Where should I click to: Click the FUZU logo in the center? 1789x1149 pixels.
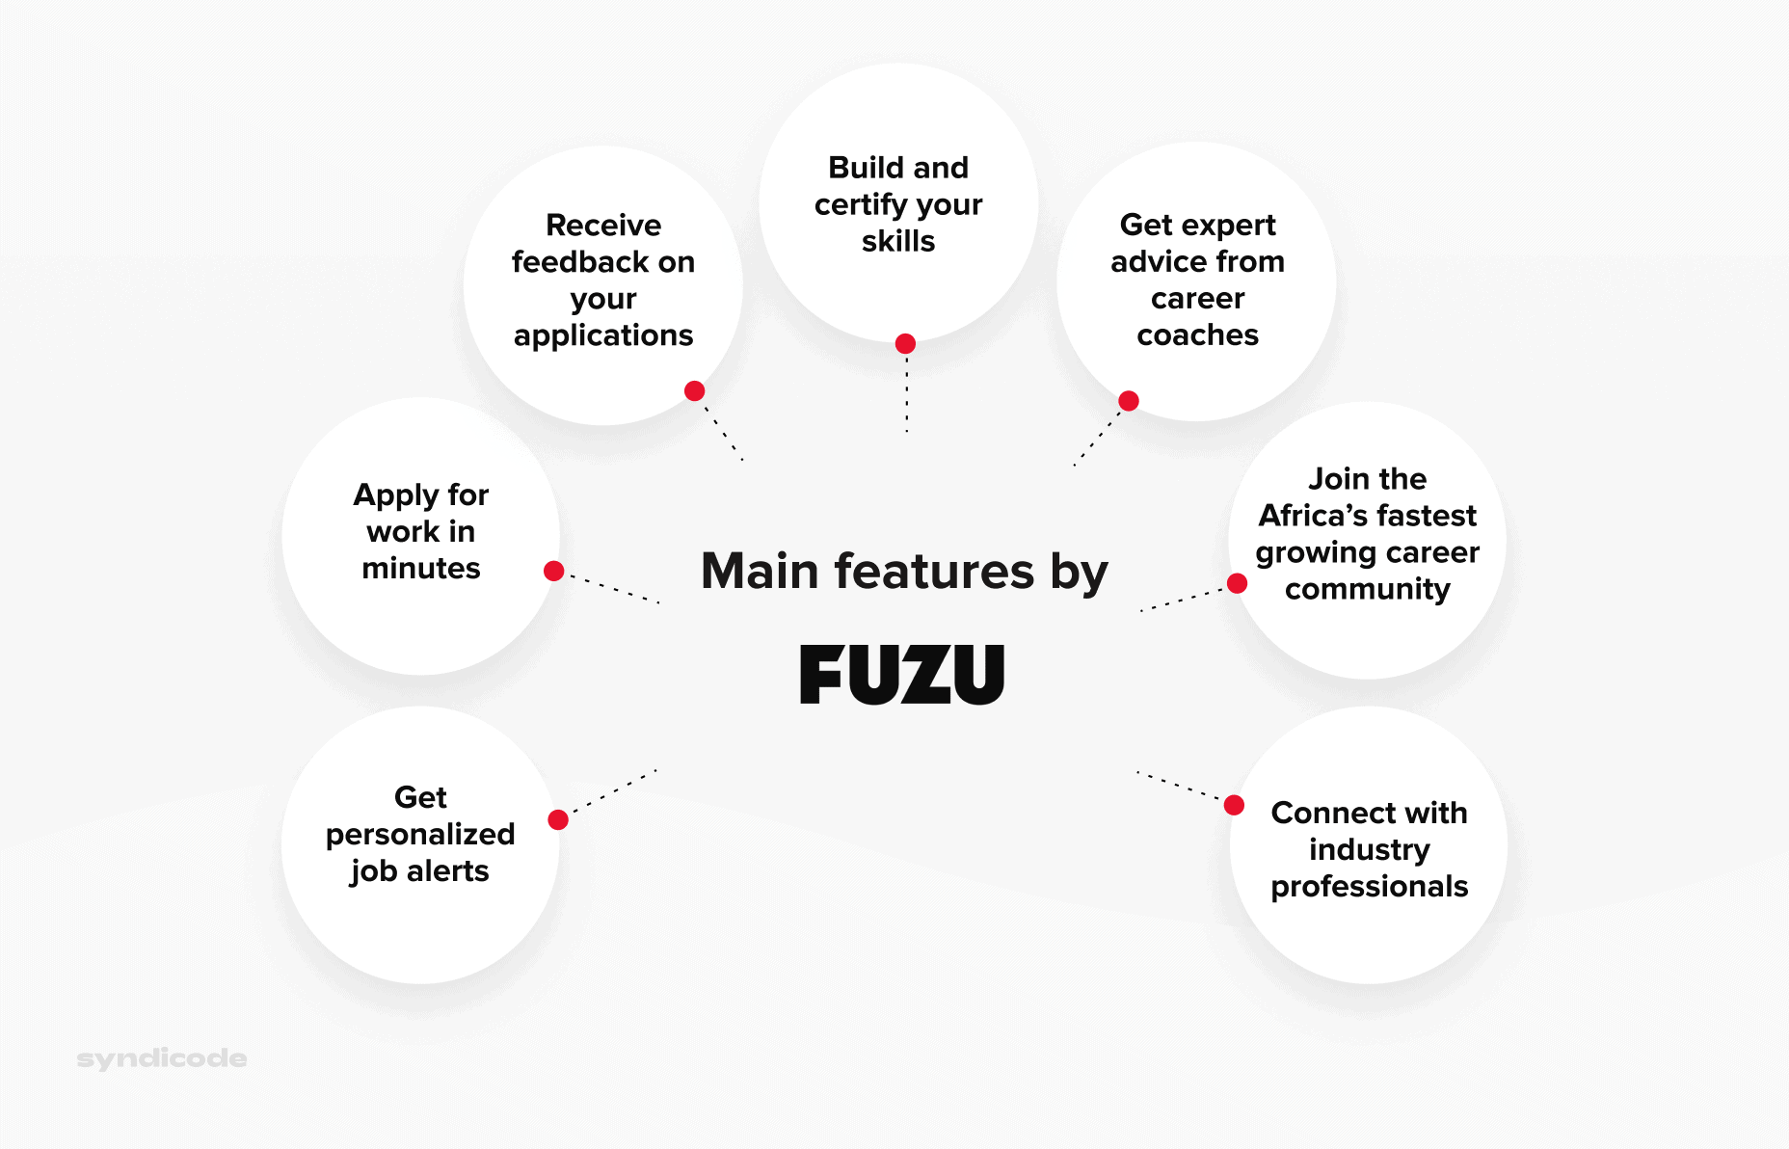(902, 675)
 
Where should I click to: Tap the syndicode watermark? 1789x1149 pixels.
(162, 1058)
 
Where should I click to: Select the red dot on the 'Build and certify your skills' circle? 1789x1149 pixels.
(905, 344)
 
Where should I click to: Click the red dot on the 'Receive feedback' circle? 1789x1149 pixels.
(694, 390)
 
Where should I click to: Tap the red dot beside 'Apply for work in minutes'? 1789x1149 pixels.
(553, 571)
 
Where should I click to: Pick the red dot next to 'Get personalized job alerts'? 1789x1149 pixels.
(557, 819)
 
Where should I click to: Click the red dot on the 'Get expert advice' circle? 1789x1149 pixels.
(1129, 401)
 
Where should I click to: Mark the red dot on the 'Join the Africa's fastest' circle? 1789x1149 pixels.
(1238, 583)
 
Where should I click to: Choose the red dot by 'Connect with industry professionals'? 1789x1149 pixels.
(1234, 805)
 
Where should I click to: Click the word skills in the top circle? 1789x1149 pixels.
(898, 241)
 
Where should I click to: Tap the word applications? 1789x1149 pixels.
(603, 335)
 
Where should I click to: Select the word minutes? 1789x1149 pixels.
(421, 569)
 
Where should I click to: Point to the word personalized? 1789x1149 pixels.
(420, 835)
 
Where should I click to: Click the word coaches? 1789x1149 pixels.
(1197, 335)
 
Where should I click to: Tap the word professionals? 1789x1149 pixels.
(1369, 887)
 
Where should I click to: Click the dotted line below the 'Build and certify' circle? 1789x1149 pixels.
(906, 395)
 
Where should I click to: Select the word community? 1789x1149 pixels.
(1367, 589)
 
